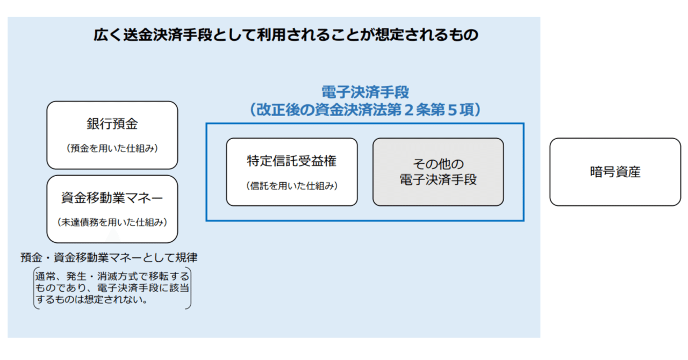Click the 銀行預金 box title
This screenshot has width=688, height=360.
pos(112,124)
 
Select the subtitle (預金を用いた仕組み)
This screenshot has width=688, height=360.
pos(112,148)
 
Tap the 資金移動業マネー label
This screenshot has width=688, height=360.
pos(112,198)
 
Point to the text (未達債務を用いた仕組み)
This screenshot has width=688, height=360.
pos(112,222)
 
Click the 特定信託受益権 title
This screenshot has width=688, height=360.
pos(291,161)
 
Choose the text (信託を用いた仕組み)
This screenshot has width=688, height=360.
pos(291,186)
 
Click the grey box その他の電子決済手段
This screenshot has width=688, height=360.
pos(438,172)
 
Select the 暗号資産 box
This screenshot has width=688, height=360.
pos(615,172)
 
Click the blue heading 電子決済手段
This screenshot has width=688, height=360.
pos(365,91)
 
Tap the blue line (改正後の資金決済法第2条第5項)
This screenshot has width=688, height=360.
pos(365,110)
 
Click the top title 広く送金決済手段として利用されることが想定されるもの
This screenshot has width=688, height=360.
pos(285,35)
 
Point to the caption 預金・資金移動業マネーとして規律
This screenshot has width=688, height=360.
pos(109,258)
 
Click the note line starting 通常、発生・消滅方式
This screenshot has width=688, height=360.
pos(112,277)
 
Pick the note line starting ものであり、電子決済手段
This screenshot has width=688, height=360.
pos(112,289)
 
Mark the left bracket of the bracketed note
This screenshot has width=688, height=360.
pos(34,289)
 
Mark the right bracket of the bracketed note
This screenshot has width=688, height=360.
pos(189,289)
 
